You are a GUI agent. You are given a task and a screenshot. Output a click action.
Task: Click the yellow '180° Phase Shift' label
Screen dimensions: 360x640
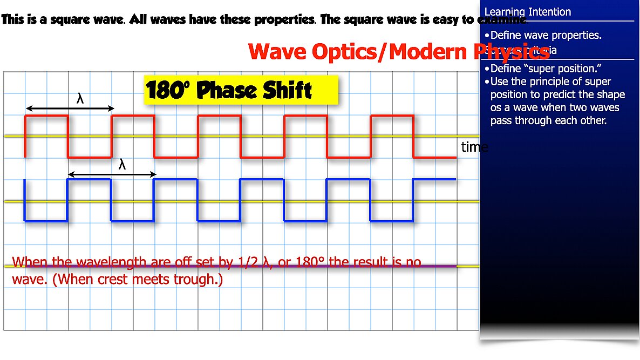pyautogui.click(x=241, y=90)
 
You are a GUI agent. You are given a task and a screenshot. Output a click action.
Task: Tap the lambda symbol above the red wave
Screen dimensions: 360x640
pyautogui.click(x=80, y=99)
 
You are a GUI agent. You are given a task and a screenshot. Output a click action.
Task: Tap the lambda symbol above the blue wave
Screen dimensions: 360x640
pyautogui.click(x=122, y=165)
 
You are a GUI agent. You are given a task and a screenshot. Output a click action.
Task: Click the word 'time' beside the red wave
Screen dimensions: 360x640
pyautogui.click(x=474, y=147)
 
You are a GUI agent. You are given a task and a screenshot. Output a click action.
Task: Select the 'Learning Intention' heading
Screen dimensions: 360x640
pyautogui.click(x=527, y=12)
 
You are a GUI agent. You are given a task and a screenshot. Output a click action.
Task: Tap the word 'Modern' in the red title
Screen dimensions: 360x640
pyautogui.click(x=429, y=52)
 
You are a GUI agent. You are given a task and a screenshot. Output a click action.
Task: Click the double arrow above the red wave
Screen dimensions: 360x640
pyautogui.click(x=70, y=108)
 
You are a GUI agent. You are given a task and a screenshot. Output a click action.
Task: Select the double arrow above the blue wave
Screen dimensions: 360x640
pyautogui.click(x=112, y=174)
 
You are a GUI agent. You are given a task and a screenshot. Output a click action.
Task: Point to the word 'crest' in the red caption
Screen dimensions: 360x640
pyautogui.click(x=112, y=281)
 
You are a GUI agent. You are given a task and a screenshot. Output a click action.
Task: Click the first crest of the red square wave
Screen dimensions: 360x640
pyautogui.click(x=46, y=116)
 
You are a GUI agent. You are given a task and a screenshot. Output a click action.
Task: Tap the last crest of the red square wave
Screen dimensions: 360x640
pyautogui.click(x=392, y=116)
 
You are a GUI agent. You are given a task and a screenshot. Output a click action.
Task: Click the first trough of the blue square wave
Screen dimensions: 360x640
pyautogui.click(x=46, y=221)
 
